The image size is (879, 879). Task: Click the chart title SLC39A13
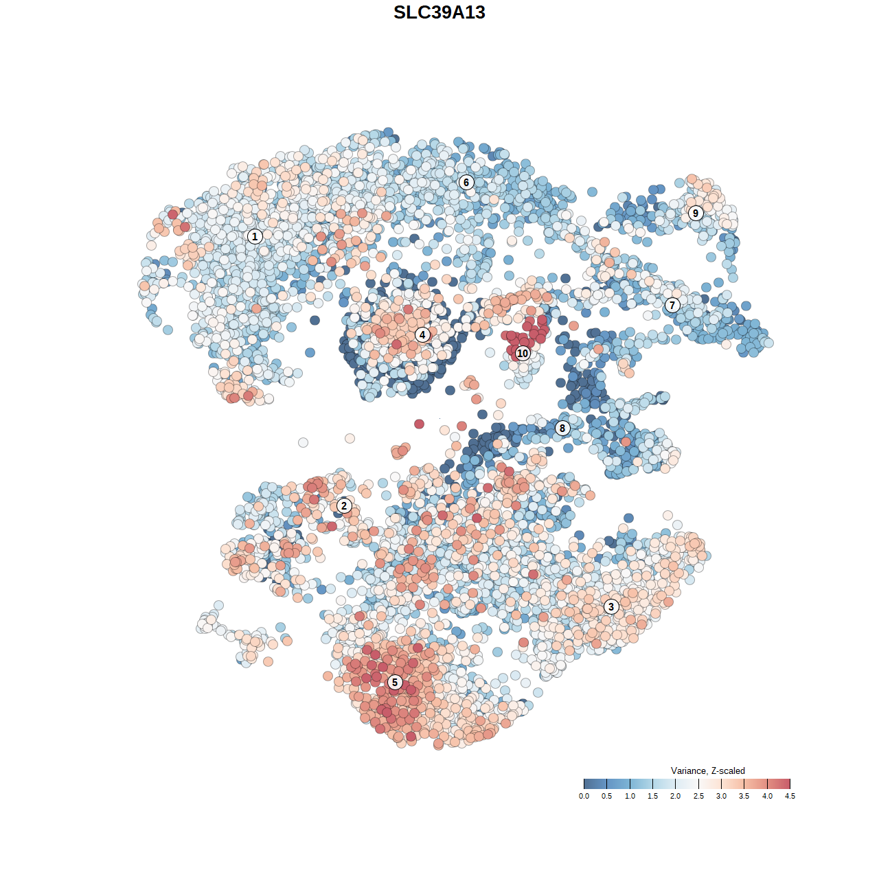click(x=439, y=12)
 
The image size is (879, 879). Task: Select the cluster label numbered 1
click(x=255, y=236)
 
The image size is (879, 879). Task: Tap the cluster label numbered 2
click(x=344, y=506)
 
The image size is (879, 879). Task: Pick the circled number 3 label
click(x=611, y=606)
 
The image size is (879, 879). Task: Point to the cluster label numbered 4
click(x=422, y=334)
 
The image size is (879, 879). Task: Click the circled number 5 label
click(x=395, y=682)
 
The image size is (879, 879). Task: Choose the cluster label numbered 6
click(x=466, y=182)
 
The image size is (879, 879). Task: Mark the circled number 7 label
click(x=672, y=305)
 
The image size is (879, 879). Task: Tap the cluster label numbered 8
click(x=562, y=429)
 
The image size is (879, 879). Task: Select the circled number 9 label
click(x=696, y=213)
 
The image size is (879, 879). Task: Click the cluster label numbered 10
click(x=523, y=354)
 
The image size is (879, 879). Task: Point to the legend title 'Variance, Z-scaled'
click(x=707, y=770)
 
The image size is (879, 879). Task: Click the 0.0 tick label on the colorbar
click(x=584, y=797)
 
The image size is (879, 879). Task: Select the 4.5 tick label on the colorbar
click(x=790, y=797)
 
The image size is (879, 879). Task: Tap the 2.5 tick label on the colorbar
click(x=698, y=797)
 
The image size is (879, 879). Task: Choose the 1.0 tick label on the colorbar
click(x=630, y=797)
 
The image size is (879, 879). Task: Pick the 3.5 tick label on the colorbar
click(x=744, y=797)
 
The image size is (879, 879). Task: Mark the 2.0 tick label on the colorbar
click(x=676, y=797)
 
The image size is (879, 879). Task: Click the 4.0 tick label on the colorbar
click(x=767, y=797)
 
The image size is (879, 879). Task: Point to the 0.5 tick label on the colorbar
click(x=607, y=797)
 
